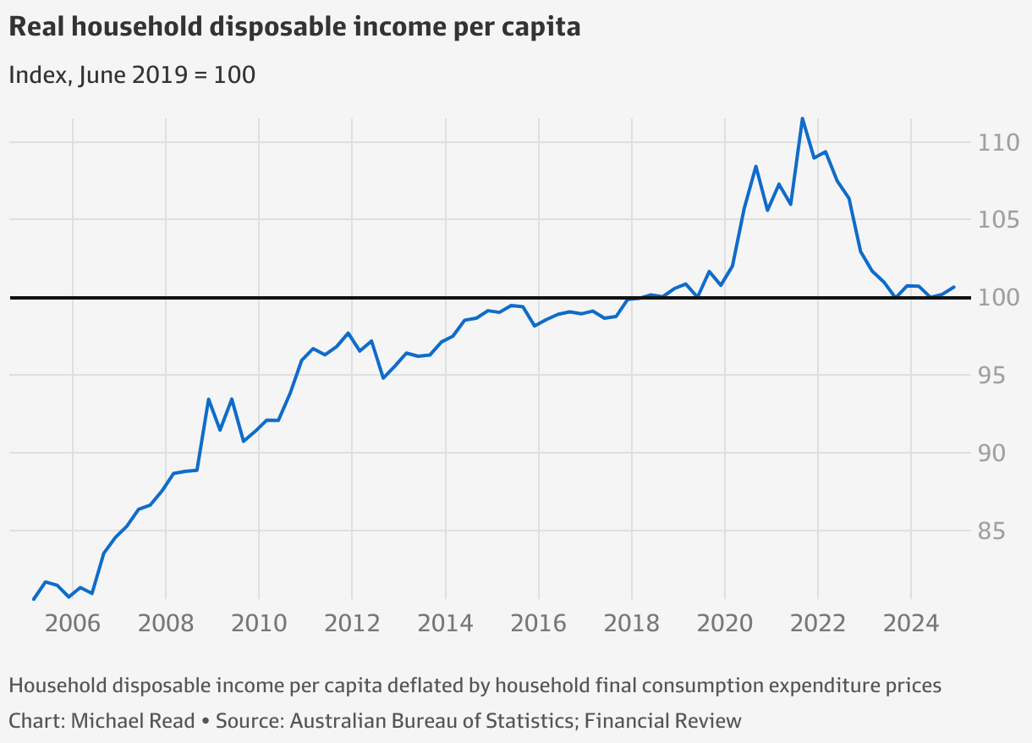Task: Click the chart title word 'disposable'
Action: (x=277, y=27)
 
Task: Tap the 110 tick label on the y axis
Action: (x=998, y=142)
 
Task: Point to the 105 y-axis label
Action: (x=998, y=220)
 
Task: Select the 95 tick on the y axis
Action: (x=991, y=376)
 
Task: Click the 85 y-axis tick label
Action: (x=991, y=531)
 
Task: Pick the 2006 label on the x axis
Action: (x=73, y=623)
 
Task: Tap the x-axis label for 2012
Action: (x=352, y=623)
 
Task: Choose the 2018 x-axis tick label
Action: (x=632, y=623)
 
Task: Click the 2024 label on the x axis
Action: (x=911, y=623)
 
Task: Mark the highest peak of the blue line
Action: (x=802, y=119)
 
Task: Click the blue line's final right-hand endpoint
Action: (x=953, y=287)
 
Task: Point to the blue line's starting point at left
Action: (x=34, y=599)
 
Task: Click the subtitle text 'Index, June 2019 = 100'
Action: (x=132, y=74)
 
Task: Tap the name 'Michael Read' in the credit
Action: (x=133, y=721)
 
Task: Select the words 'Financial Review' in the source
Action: (x=663, y=721)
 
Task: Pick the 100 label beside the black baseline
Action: (x=998, y=298)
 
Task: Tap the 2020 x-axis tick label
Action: (x=725, y=623)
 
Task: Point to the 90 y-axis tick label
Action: (x=991, y=454)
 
